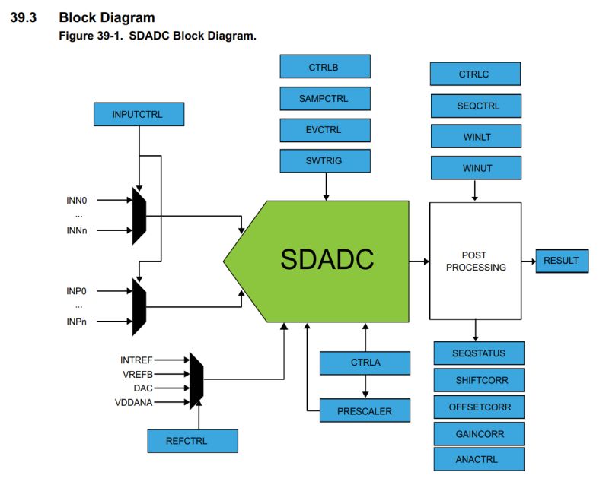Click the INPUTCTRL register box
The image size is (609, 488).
[139, 114]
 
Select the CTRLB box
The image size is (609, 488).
[325, 67]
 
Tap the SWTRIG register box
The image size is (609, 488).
[325, 161]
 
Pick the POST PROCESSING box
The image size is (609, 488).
[475, 261]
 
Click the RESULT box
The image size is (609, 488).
[561, 261]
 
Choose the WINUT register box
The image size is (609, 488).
[475, 168]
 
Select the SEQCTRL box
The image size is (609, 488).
[475, 106]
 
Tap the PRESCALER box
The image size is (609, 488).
[365, 410]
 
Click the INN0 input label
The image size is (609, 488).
[77, 201]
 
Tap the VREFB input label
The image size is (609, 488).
[137, 373]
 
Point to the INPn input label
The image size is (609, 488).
[77, 321]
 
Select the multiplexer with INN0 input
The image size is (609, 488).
[139, 216]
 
